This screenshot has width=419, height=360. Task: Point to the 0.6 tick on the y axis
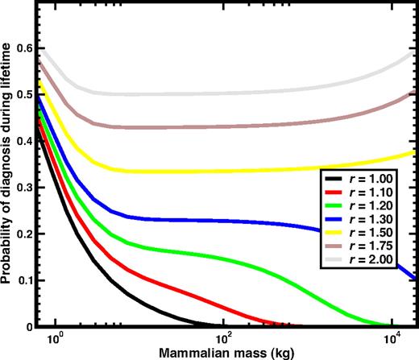(29, 48)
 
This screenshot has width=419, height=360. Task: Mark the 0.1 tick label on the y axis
(29, 280)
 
